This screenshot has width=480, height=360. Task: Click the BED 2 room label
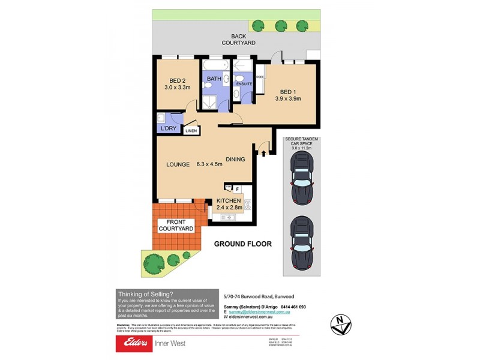pos(176,80)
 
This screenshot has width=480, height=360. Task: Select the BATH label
pos(214,79)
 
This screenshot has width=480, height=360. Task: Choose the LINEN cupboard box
pos(191,130)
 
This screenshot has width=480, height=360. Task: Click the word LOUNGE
pos(178,164)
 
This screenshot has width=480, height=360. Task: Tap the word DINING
pos(235,160)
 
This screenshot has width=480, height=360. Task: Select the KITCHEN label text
pos(229,201)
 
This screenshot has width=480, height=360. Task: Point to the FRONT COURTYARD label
pos(175,226)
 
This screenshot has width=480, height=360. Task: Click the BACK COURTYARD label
pos(239,40)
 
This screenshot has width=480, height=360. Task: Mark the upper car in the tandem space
pos(302,178)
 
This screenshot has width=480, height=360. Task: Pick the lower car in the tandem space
pos(302,243)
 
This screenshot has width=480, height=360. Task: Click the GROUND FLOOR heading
pos(243,244)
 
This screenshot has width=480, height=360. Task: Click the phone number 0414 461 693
pos(290,307)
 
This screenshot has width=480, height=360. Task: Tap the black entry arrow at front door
pos(263,153)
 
